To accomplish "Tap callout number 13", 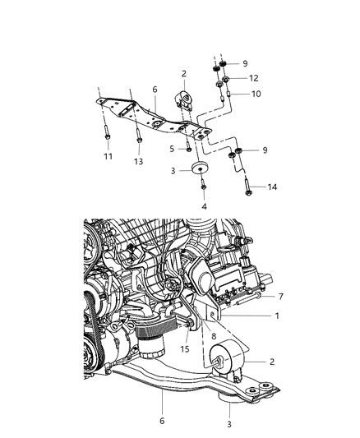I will click(138, 163).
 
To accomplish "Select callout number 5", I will click(172, 150).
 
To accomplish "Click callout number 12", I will click(254, 79).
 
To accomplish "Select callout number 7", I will click(279, 296).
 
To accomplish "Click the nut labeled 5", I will click(190, 149).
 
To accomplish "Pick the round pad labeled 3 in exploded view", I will click(200, 170).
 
